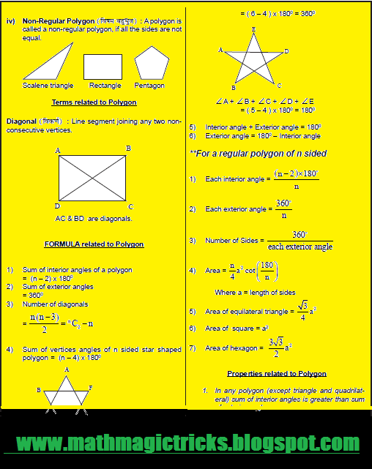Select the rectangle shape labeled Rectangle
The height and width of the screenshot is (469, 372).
coord(103,67)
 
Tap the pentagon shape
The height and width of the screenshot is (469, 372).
coord(152,64)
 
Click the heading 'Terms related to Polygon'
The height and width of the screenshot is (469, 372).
coord(99,102)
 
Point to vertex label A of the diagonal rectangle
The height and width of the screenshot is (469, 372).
coord(58,150)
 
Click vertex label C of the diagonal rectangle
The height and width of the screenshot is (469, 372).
coord(131,206)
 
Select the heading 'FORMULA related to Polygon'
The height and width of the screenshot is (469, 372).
coord(94,244)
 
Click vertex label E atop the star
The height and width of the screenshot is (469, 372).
coord(253,29)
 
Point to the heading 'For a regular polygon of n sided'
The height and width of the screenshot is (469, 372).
coord(258,154)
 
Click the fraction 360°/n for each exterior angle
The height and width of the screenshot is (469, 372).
coord(283,209)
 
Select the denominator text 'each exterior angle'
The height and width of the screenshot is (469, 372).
coord(300,247)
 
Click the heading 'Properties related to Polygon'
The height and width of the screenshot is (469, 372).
coord(276,373)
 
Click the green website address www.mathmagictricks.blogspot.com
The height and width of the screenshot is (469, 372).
coord(187,443)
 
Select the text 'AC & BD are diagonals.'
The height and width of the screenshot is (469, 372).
coord(93,218)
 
